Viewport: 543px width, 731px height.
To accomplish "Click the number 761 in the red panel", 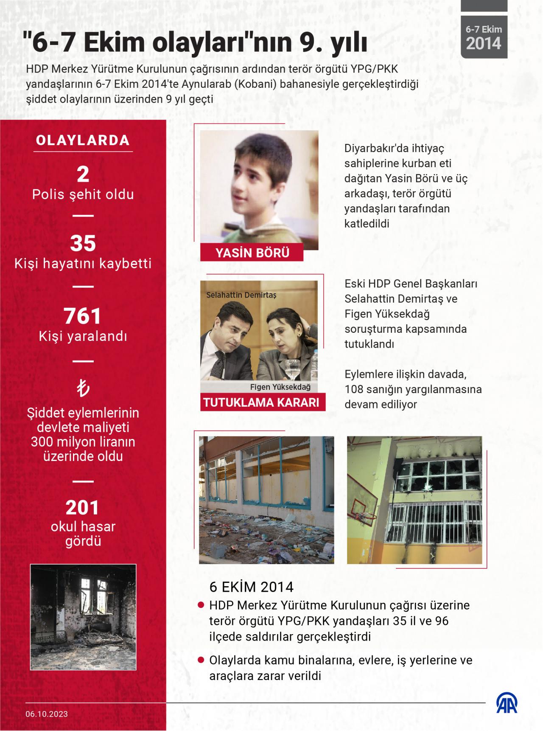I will (83, 316).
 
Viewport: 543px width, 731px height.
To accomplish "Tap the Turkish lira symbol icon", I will (83, 388).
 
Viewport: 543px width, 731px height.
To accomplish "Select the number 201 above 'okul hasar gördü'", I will (83, 508).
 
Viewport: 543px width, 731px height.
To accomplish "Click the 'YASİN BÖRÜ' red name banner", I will (252, 253).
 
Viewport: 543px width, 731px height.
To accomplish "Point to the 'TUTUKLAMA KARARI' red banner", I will (261, 402).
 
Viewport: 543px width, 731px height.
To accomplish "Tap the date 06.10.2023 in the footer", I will (46, 714).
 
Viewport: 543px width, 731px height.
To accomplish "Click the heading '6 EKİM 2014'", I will (252, 587).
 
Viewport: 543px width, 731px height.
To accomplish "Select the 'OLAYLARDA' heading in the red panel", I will (83, 141).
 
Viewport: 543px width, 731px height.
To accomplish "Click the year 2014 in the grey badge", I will (484, 43).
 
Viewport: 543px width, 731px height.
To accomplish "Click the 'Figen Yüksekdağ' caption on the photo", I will (280, 387).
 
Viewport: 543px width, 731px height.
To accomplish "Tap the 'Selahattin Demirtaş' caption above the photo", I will (241, 295).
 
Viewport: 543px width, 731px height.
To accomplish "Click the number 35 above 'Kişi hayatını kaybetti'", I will (83, 243).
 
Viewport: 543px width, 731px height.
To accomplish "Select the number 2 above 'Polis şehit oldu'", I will (83, 174).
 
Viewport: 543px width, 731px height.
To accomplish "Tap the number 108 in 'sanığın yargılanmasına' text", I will (355, 389).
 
